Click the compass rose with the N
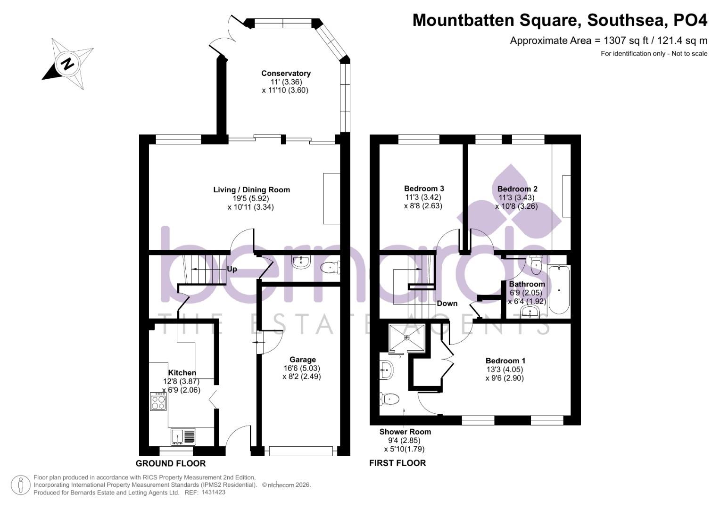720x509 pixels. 68,64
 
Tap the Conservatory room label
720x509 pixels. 286,74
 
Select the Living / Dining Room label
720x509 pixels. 251,190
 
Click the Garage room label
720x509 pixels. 302,360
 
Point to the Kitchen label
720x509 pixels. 182,373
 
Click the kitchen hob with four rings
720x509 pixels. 158,402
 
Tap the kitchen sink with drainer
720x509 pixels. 183,436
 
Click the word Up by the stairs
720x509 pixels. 232,269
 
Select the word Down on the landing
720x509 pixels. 447,303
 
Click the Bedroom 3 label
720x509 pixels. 424,189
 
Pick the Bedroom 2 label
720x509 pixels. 517,189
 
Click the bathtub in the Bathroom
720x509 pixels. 559,290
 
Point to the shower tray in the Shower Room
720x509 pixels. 407,338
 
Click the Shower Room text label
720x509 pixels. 405,432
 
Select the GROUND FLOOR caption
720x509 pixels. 171,463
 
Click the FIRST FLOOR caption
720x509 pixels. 397,463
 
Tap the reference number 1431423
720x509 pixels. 213,493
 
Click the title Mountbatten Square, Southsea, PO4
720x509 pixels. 560,20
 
